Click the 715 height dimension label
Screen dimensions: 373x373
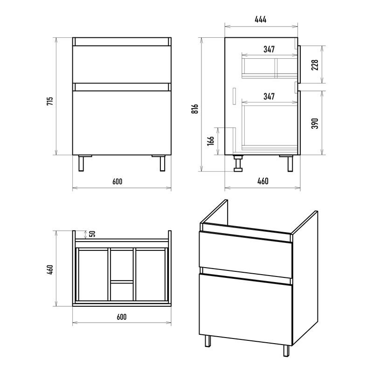[x=50, y=101]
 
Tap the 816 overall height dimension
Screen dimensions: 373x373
[x=195, y=109]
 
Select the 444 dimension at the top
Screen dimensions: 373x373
[x=261, y=19]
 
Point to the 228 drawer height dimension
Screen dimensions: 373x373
[x=315, y=65]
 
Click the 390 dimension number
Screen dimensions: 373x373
[x=315, y=123]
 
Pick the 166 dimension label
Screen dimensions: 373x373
[x=211, y=141]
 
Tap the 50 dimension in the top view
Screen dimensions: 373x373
[x=93, y=234]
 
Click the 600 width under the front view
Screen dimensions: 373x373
[x=117, y=181]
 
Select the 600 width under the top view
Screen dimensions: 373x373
[x=122, y=317]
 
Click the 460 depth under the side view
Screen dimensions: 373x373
[x=263, y=181]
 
